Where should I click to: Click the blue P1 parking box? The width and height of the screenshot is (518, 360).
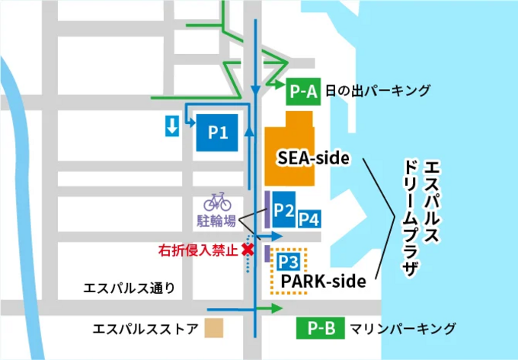pos(219,132)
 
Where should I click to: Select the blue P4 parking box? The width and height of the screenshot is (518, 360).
pos(309,219)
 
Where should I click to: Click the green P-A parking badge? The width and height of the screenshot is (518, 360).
pos(302,92)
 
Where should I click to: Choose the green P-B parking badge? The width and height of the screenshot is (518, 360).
pos(321,329)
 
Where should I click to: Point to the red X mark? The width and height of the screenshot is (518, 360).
pos(247,249)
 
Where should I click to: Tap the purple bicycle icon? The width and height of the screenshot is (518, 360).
pos(217,201)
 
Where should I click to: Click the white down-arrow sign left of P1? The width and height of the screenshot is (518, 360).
pos(172,126)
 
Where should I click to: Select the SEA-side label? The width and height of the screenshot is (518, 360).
pos(312,158)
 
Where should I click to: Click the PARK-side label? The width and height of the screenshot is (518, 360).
pos(323,281)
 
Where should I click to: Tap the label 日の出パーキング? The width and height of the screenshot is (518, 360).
pos(377,92)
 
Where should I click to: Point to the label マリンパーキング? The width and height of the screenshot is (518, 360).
pos(403,329)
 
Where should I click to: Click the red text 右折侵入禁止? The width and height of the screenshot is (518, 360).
pos(197,250)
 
